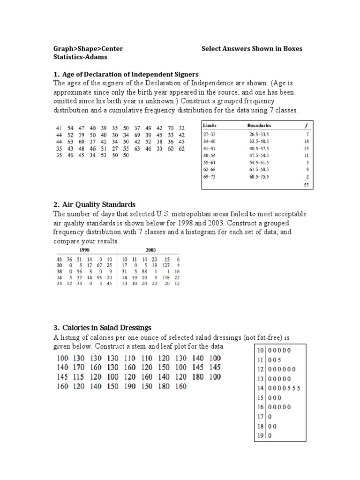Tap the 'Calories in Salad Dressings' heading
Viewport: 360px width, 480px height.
pos(105,327)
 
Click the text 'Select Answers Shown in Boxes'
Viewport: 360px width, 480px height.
pos(252,48)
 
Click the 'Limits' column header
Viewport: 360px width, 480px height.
pos(210,126)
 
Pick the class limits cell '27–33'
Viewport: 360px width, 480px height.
pos(209,134)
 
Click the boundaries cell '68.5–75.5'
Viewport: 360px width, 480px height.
pos(259,177)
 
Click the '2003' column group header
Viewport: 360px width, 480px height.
pos(151,250)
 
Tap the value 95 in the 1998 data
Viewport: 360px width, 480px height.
pos(99,277)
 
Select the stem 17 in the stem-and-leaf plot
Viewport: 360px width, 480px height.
pos(260,417)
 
